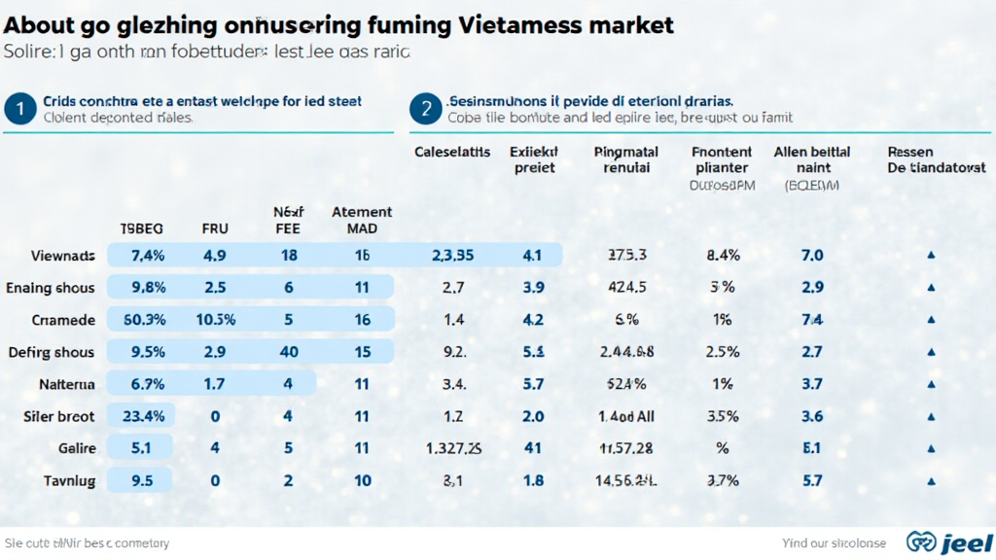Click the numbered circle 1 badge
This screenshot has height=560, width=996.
pyautogui.click(x=18, y=109)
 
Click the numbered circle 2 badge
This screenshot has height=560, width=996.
pyautogui.click(x=425, y=109)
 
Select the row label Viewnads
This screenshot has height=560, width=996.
pyautogui.click(x=63, y=256)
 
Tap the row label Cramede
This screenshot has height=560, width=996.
pyautogui.click(x=63, y=320)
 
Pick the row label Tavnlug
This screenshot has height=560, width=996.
pyautogui.click(x=69, y=480)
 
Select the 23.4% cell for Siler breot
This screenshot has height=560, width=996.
pyautogui.click(x=143, y=416)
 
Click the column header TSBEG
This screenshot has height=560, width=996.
pyautogui.click(x=141, y=229)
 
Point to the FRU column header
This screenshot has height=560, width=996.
pyautogui.click(x=215, y=229)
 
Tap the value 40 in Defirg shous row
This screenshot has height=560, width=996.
pyautogui.click(x=288, y=352)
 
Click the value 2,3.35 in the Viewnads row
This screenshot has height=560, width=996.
pyautogui.click(x=451, y=256)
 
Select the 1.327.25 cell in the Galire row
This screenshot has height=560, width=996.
pyautogui.click(x=454, y=448)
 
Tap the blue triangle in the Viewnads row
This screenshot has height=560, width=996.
pyautogui.click(x=931, y=256)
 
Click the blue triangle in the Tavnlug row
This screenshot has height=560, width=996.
pyautogui.click(x=931, y=480)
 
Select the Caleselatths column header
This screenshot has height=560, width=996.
pyautogui.click(x=453, y=152)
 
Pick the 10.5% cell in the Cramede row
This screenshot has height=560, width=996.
pyautogui.click(x=215, y=320)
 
